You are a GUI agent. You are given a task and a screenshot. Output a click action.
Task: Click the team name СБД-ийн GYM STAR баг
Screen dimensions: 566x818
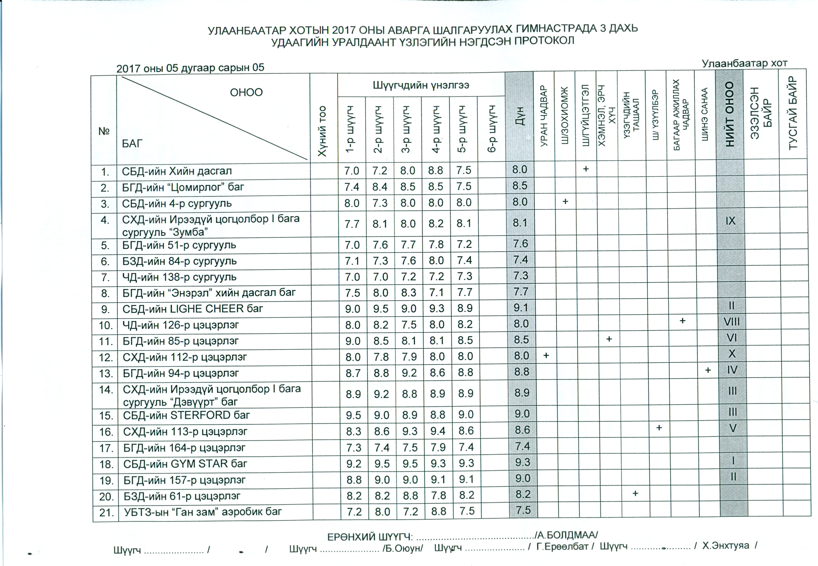pyautogui.click(x=185, y=464)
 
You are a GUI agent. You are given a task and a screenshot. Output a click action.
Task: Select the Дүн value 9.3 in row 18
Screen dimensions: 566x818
pyautogui.click(x=523, y=463)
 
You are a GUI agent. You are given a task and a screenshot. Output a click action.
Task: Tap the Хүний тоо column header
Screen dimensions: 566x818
pyautogui.click(x=322, y=131)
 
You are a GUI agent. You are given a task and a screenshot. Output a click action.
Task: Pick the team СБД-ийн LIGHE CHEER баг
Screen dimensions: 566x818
pyautogui.click(x=193, y=309)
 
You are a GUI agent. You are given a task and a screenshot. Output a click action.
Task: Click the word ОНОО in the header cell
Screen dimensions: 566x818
pyautogui.click(x=246, y=93)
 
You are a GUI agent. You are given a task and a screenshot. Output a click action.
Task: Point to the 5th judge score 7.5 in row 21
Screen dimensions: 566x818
pyautogui.click(x=467, y=511)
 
